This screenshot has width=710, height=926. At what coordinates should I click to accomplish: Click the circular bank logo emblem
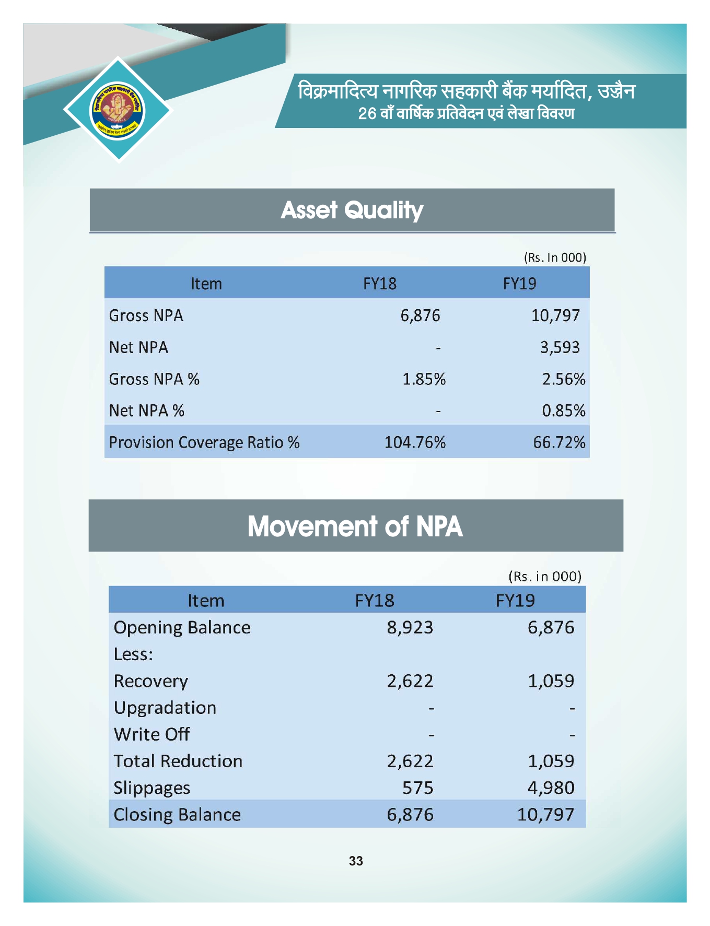(x=118, y=110)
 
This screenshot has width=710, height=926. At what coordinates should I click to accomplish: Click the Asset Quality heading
(x=352, y=210)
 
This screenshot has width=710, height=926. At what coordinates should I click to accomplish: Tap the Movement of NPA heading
(x=355, y=526)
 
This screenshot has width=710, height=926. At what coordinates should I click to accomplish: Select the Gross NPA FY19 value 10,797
(x=555, y=315)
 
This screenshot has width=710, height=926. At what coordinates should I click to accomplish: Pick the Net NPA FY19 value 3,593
(x=560, y=347)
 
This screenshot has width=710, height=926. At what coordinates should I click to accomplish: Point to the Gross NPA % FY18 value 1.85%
(x=424, y=379)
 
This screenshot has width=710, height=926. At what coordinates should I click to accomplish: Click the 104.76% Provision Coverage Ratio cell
(x=415, y=442)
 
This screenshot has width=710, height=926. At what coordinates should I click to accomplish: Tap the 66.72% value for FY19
(x=559, y=442)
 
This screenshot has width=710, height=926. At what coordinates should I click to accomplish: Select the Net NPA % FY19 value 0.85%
(x=563, y=411)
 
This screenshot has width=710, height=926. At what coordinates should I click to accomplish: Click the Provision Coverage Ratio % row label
(x=204, y=442)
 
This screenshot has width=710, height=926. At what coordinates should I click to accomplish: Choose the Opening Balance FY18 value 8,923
(x=410, y=627)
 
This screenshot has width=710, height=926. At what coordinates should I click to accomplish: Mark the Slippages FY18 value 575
(x=417, y=788)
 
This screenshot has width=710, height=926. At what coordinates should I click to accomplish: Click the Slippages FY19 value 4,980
(x=551, y=788)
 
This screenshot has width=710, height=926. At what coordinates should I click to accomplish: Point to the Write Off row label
(x=152, y=734)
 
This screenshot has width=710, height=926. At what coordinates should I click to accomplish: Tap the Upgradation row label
(x=165, y=708)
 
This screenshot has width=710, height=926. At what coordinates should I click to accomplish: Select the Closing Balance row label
(x=177, y=814)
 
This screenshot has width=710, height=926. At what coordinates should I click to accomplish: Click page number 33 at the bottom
(x=356, y=861)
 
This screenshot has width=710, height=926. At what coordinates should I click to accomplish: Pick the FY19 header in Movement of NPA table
(x=515, y=600)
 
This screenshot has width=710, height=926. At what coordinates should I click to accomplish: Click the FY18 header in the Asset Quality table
(x=380, y=284)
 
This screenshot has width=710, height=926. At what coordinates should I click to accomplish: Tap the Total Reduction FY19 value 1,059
(x=551, y=761)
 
